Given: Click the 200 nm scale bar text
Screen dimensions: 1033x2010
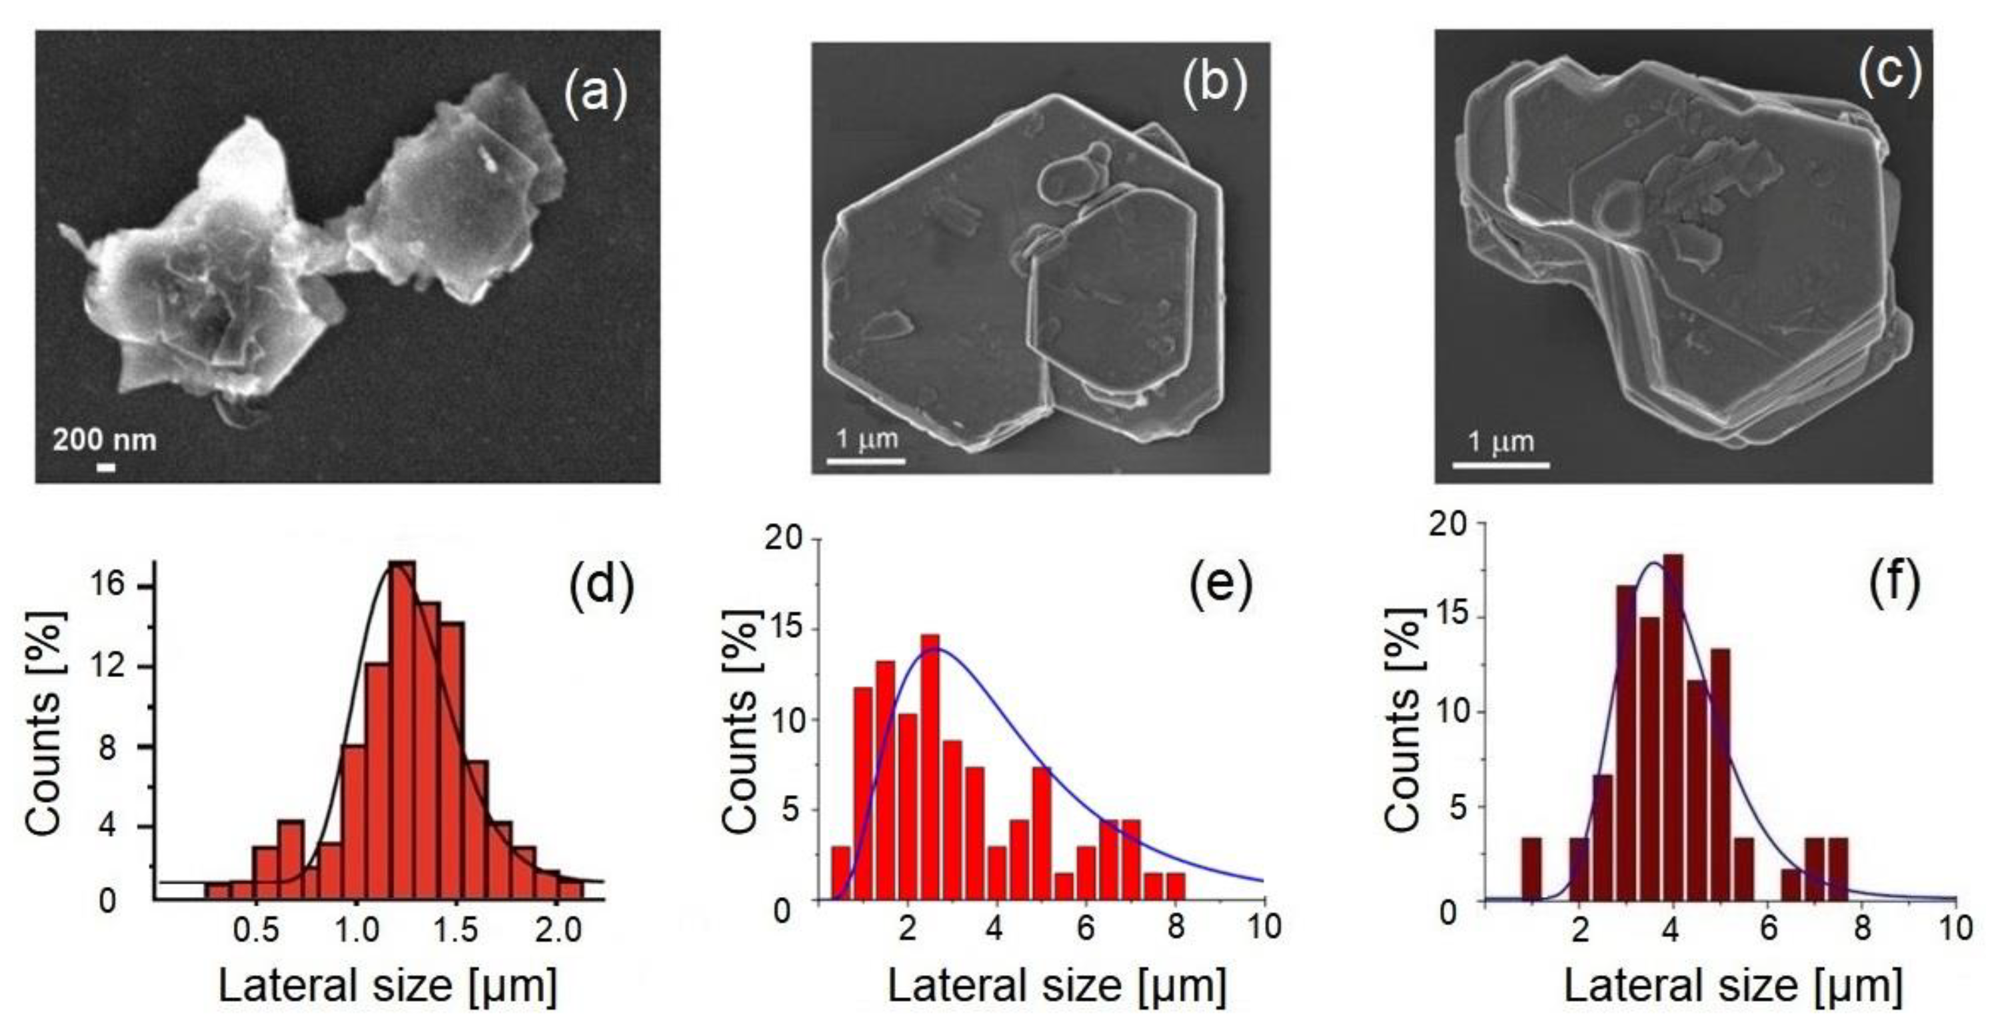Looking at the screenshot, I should (105, 441).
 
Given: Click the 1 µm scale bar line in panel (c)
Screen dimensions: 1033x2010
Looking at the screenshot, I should (1500, 467).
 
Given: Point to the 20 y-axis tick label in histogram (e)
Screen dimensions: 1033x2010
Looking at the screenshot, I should (782, 540).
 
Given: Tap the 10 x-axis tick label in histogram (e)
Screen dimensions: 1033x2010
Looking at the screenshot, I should (1264, 927).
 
